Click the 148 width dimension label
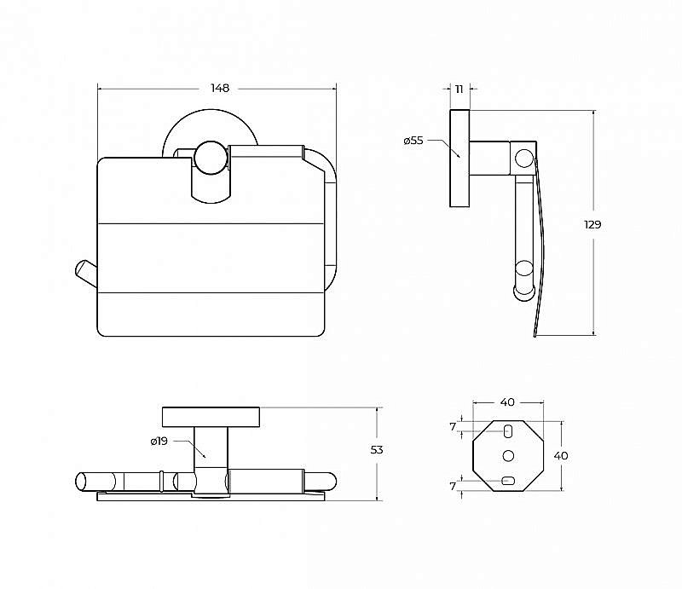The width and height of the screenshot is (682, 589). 220,89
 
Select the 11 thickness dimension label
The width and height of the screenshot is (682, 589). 459,90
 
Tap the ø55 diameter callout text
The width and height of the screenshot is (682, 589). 413,141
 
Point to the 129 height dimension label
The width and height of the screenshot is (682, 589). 592,224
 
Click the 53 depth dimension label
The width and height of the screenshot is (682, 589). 377,450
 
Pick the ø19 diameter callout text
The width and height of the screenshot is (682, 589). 159,441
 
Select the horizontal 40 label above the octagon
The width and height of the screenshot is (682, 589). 507,402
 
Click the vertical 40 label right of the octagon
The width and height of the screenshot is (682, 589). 561,456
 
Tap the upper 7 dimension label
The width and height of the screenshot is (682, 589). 453,427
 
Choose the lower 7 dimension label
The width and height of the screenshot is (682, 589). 453,486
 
